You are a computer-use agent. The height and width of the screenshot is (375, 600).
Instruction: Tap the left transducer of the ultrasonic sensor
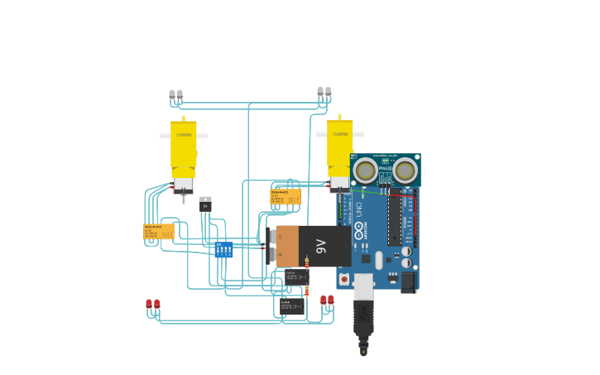point(364,171)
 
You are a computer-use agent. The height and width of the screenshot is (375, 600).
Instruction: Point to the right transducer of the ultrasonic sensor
point(404,171)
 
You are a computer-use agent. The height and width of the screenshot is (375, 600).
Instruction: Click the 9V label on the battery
point(321,246)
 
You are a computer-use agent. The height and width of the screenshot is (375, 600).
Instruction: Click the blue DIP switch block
point(223,249)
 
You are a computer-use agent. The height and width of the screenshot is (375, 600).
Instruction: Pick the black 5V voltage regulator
point(205,204)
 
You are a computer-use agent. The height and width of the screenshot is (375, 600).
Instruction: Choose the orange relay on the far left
point(158,231)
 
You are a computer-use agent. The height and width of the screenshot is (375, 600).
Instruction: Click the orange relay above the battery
point(285,197)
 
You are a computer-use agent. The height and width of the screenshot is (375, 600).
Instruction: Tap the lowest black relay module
point(291,306)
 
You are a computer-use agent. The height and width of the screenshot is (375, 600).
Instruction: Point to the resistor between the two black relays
point(307,291)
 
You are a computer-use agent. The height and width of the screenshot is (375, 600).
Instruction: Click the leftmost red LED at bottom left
point(149,304)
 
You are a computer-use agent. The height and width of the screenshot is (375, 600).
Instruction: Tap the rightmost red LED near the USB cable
point(331,300)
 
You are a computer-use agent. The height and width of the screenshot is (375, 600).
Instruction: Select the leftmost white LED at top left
point(172,94)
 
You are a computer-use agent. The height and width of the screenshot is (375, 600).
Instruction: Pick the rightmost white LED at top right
point(328,91)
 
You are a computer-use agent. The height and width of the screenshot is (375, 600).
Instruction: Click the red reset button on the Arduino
point(344,279)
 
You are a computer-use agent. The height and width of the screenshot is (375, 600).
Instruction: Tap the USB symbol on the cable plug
point(362,315)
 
